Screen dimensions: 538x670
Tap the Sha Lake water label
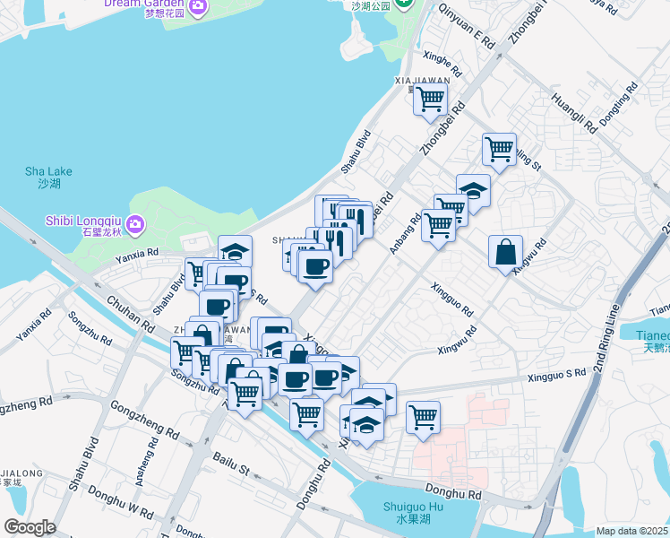48,177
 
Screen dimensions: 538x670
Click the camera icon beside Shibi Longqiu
135,222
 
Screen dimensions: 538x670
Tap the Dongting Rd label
618,103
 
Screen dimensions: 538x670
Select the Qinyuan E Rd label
466,26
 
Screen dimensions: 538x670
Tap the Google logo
30,527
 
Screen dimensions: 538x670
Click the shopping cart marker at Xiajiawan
431,100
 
